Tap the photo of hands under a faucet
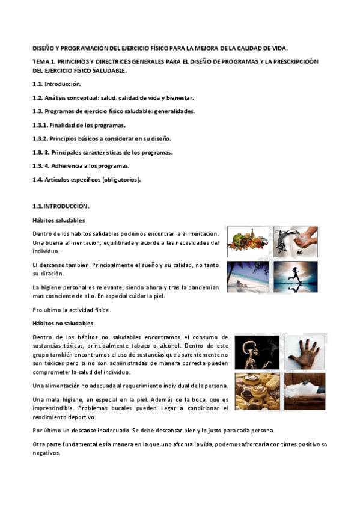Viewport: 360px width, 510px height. tap(296, 242)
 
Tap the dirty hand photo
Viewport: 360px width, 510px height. tap(304, 352)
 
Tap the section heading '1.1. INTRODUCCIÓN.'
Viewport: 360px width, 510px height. tap(61, 206)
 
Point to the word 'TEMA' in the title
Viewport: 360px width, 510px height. tap(41, 61)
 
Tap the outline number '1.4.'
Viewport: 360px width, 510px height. tap(37, 179)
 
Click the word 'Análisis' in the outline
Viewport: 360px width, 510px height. tap(58, 97)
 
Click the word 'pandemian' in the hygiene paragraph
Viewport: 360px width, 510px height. tap(201, 287)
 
